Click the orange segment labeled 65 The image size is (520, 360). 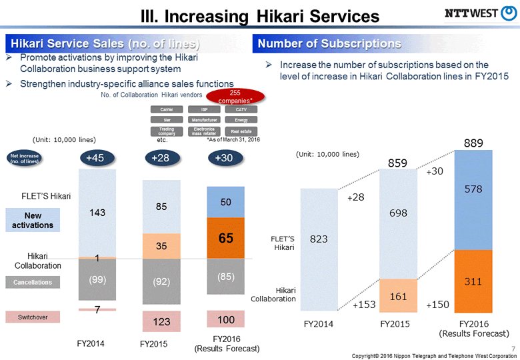(226, 238)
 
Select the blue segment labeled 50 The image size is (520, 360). (226, 201)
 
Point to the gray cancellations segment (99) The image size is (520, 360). (97, 279)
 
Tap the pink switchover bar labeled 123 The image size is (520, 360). (161, 321)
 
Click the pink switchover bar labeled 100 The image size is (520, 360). (226, 319)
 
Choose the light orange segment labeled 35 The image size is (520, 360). (161, 245)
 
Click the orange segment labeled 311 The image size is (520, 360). (473, 281)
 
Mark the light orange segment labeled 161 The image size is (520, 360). (398, 295)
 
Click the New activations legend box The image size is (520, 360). (38, 220)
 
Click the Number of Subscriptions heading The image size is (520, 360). (329, 44)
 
